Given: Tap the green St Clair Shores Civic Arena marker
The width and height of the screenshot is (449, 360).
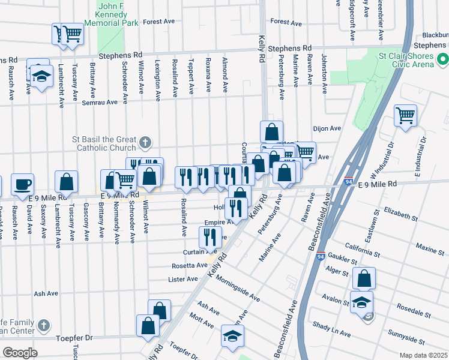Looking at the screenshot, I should [x=442, y=60].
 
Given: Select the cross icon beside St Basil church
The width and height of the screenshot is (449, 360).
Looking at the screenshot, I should [x=145, y=142].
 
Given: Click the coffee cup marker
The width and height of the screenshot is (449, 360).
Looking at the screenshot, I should [x=23, y=184].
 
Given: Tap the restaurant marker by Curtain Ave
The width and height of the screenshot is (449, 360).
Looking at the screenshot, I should [x=209, y=237].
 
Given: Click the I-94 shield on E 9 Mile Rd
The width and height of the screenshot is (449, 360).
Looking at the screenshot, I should [x=348, y=180].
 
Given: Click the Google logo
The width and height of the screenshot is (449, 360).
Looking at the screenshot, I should [x=20, y=353].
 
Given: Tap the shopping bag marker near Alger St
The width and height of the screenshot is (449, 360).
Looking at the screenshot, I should [x=364, y=278].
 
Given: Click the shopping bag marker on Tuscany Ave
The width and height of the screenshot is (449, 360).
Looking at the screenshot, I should [x=67, y=182].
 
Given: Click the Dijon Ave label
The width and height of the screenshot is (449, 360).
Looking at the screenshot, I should [x=327, y=128].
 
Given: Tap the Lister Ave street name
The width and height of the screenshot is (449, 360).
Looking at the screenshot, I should [x=183, y=279].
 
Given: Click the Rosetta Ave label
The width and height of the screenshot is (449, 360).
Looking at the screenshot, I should [x=190, y=265].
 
